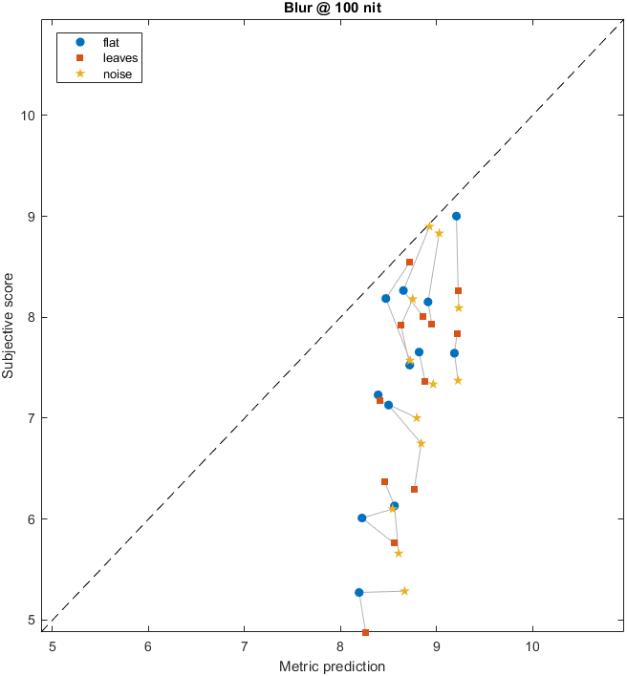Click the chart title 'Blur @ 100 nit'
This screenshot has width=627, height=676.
click(x=333, y=8)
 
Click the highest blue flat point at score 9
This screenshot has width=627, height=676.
click(x=456, y=216)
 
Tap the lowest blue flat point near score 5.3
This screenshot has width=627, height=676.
click(x=359, y=592)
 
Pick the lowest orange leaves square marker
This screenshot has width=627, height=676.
click(x=365, y=632)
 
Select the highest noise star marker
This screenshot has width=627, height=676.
click(x=429, y=226)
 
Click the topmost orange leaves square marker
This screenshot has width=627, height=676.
click(x=409, y=262)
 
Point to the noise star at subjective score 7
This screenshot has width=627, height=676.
click(x=417, y=417)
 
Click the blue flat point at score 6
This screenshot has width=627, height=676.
click(x=362, y=518)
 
